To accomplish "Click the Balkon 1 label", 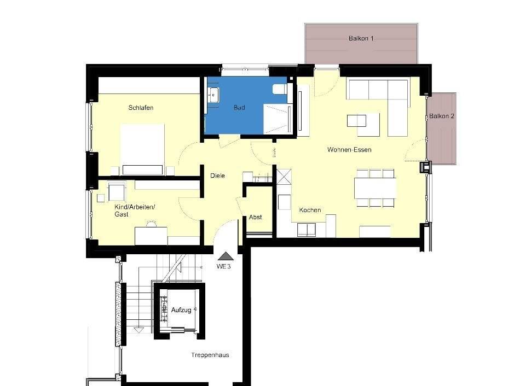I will [x=361, y=39].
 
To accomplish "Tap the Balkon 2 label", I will [x=442, y=116].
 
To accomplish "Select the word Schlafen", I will [x=141, y=108].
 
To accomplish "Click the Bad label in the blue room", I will [x=239, y=108].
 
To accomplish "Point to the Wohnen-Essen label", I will [x=349, y=149].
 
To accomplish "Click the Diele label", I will [x=218, y=176].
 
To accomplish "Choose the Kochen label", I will [x=310, y=210].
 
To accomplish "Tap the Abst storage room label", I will [x=255, y=217].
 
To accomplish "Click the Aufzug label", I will [x=181, y=310].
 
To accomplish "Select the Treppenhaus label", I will [x=210, y=355].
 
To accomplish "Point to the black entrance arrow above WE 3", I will [x=225, y=255].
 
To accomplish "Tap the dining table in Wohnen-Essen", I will [x=375, y=188].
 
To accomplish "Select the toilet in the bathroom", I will [x=279, y=89].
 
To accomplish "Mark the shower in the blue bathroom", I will [x=275, y=119].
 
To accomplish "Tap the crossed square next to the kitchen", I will [x=284, y=178].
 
